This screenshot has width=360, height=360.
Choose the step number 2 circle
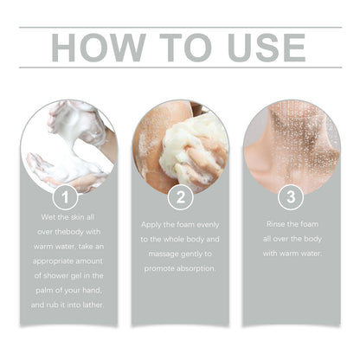click(180, 196)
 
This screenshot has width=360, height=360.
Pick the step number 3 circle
click(291, 196)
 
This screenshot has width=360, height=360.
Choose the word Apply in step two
click(155, 223)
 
